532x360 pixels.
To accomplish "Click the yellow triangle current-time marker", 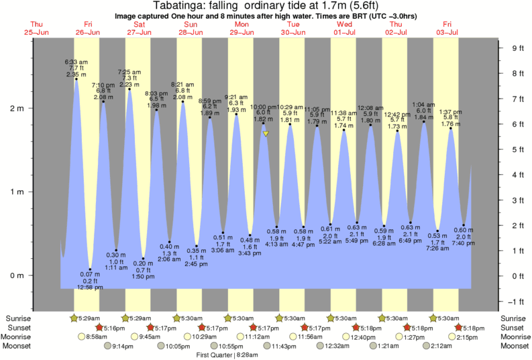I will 266,134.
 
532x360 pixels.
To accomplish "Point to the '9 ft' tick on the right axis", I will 517,48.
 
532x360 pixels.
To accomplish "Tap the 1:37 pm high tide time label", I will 451,111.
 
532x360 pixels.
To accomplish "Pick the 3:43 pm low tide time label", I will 250,253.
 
